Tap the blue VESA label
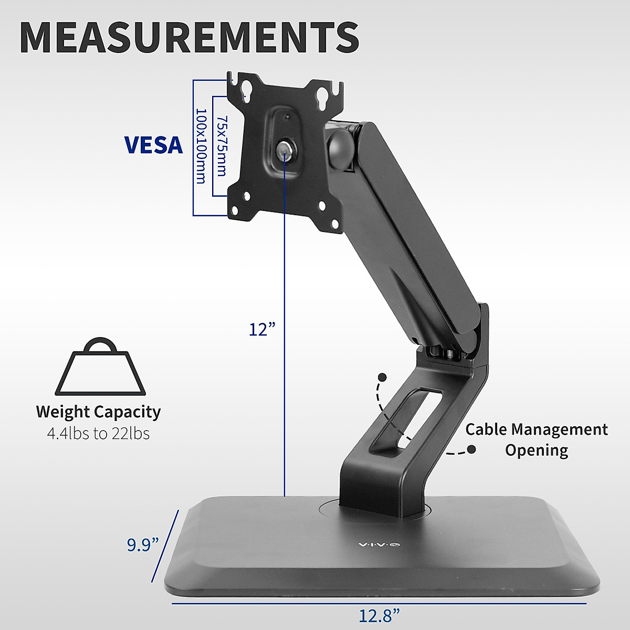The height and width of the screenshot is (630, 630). coord(153,145)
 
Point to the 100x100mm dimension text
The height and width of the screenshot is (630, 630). coord(201,146)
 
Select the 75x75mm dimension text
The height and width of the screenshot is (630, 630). coord(221,146)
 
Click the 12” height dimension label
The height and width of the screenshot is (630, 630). coord(262,330)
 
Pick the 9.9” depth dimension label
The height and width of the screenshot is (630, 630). coord(143,544)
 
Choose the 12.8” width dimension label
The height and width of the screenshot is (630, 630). coord(379,615)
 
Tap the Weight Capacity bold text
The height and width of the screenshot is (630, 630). coord(98,412)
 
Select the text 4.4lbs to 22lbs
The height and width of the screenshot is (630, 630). coord(98,434)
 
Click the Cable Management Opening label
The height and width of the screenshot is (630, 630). coord(536,440)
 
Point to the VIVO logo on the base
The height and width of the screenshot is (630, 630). coord(379,545)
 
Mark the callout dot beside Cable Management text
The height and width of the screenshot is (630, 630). coord(471,449)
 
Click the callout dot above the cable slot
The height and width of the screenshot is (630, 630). coord(382,377)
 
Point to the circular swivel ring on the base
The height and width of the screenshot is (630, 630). coord(375,507)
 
